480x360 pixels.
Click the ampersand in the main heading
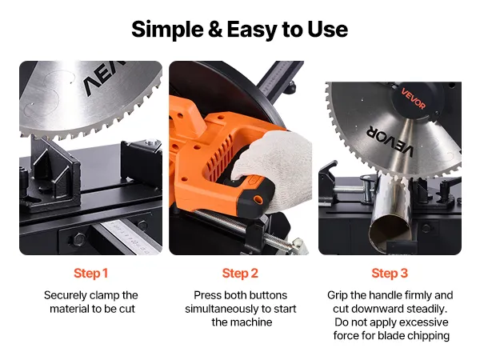(x=215, y=30)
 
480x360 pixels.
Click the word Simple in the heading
(x=167, y=30)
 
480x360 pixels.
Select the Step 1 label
(x=91, y=274)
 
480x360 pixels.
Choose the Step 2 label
(x=240, y=274)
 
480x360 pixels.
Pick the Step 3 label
(x=390, y=274)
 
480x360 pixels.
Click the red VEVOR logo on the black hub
(x=414, y=98)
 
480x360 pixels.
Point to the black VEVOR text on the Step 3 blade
(x=390, y=141)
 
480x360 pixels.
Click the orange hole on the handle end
(x=258, y=200)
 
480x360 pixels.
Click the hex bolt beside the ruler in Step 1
(x=79, y=239)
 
